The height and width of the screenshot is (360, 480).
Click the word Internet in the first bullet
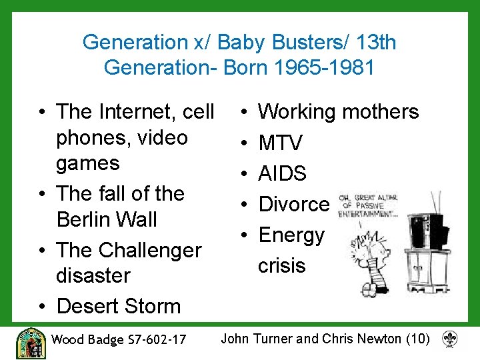point(139,112)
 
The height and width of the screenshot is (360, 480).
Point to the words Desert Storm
point(119,307)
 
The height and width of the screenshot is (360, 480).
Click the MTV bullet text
point(281,143)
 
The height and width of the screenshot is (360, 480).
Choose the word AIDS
point(283,173)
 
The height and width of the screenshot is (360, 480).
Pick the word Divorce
point(294,204)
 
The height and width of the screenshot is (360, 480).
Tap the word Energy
point(291,235)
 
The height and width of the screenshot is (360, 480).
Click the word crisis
point(281,265)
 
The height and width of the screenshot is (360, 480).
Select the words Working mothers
point(339,112)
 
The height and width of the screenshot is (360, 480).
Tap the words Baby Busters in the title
point(261,43)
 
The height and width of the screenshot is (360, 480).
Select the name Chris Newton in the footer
point(362,339)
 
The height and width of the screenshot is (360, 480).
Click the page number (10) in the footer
point(418,339)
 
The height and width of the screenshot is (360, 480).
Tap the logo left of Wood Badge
point(30,343)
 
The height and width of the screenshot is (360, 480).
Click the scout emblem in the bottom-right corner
point(450,339)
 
